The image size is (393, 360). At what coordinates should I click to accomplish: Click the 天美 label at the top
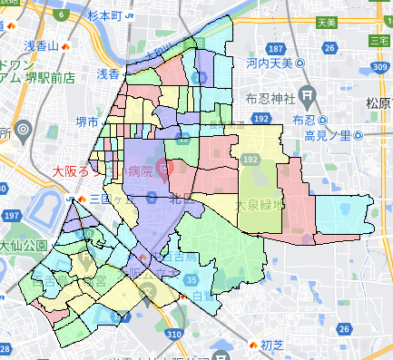[x=327, y=21]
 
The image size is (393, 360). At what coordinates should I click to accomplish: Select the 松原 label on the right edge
[x=378, y=102]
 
